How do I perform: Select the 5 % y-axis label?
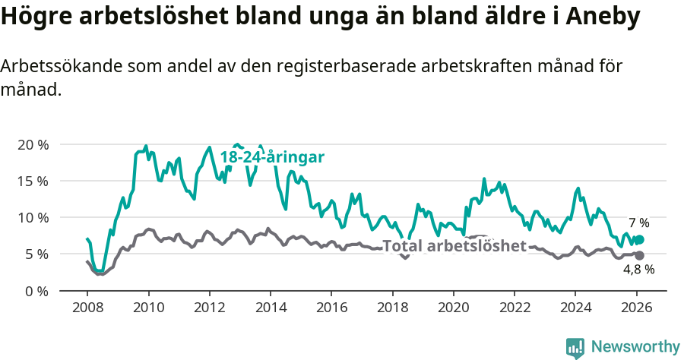click(36, 254)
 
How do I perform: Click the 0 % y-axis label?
click(36, 291)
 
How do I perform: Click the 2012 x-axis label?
click(209, 308)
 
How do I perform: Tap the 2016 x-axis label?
click(331, 308)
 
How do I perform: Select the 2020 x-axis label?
click(453, 308)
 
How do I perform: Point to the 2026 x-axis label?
click(636, 308)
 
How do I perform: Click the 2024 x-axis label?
click(575, 308)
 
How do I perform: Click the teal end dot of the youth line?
click(639, 240)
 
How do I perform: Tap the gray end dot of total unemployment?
click(639, 256)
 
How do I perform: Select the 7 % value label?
click(638, 223)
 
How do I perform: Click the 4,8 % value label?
click(638, 270)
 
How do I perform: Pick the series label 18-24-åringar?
click(272, 157)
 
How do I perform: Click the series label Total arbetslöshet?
click(454, 246)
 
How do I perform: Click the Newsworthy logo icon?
click(575, 348)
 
